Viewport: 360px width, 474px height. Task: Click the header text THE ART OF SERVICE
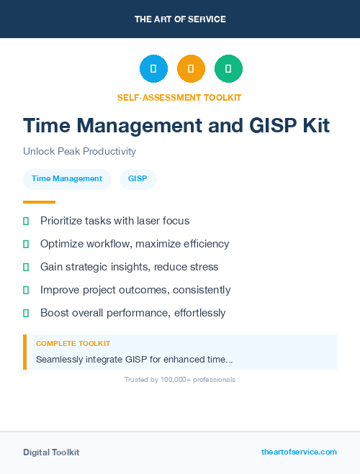point(180,19)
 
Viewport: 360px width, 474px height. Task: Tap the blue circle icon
point(153,68)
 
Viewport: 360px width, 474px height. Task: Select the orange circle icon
point(191,68)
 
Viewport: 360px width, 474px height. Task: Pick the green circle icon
point(228,68)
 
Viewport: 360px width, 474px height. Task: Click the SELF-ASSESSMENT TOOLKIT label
point(179,97)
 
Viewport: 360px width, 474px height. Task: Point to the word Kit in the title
point(312,126)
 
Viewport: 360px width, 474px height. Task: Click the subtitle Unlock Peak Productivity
point(79,151)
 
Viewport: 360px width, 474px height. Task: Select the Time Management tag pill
point(67,178)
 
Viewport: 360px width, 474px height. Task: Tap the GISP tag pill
point(138,178)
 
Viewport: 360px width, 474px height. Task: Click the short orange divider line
point(39,202)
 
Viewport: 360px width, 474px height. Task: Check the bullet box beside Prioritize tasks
point(26,221)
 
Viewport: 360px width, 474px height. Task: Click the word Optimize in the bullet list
point(62,244)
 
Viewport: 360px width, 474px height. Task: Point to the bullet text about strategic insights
point(129,267)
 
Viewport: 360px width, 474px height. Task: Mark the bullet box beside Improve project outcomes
point(26,290)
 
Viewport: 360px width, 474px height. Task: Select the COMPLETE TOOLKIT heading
point(73,344)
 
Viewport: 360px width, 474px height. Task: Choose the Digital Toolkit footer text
point(51,452)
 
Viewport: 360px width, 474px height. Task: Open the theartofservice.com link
point(299,452)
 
